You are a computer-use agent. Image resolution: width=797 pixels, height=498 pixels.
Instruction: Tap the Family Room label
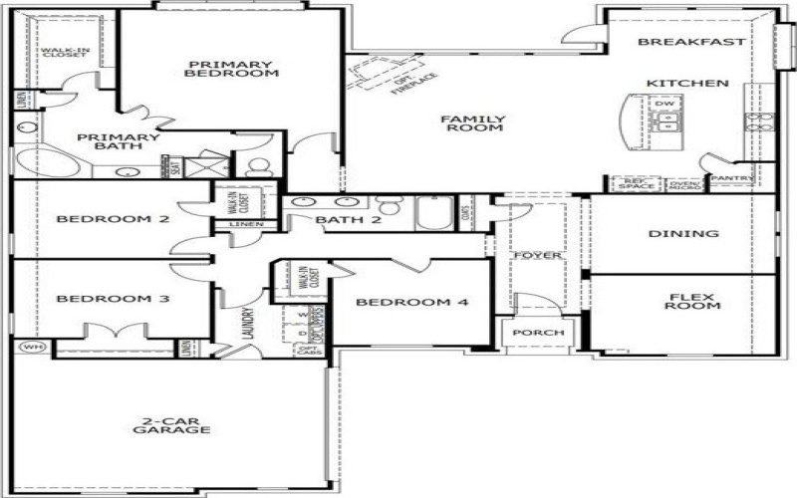point(474,124)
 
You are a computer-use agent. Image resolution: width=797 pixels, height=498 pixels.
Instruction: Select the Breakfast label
point(691,42)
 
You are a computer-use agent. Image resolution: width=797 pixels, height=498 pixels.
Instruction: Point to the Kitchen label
point(687,83)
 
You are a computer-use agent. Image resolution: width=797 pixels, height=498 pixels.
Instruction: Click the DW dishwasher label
point(664,104)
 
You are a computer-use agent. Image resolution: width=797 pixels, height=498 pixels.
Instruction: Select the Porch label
point(539,332)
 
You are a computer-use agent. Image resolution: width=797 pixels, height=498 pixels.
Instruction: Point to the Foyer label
point(538,256)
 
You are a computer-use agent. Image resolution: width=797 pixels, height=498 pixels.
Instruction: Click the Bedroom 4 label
point(411,303)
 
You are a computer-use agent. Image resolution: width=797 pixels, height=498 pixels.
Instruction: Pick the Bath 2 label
point(349,220)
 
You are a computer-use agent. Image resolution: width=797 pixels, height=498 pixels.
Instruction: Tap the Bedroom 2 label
point(98,219)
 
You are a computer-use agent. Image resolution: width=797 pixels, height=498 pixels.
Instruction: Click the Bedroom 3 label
point(99,299)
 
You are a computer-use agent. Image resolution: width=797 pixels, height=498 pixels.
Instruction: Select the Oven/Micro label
point(684,184)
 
